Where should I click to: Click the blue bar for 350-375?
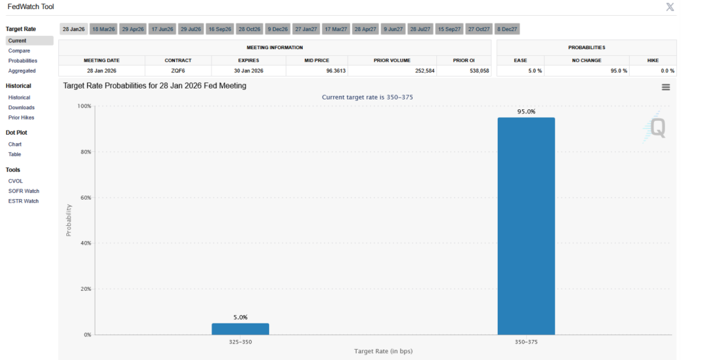pos(525,226)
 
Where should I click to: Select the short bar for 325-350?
pos(240,329)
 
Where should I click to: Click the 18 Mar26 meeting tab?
pos(103,29)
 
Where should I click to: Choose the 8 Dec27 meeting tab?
pos(507,29)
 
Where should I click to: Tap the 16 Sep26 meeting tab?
pos(220,29)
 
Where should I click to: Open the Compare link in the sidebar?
pos(19,50)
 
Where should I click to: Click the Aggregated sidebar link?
pos(22,70)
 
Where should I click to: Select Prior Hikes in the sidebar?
pos(21,117)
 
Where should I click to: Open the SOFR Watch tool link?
pos(24,191)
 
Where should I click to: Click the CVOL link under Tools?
pos(15,181)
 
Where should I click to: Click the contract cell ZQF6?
pos(178,70)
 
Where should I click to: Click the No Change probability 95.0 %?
pos(617,70)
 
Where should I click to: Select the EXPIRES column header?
pos(248,60)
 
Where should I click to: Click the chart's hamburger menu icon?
pos(666,87)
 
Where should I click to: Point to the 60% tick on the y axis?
pos(85,198)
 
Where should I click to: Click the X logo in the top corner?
pos(669,7)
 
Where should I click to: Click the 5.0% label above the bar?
pos(240,317)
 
